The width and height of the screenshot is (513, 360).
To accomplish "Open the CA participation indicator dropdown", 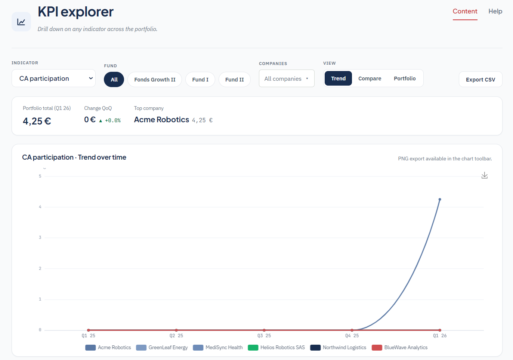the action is click(x=53, y=79).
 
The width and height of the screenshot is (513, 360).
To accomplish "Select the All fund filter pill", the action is click(x=114, y=80).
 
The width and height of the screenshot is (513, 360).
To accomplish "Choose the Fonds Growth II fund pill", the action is click(x=155, y=80).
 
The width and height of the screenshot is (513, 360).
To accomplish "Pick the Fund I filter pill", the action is click(x=200, y=80).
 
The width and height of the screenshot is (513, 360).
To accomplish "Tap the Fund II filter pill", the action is click(x=235, y=80).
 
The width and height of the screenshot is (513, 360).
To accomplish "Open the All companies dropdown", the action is click(x=287, y=79).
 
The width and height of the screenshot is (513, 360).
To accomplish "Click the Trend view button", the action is click(x=338, y=79).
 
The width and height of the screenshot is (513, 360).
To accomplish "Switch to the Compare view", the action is click(x=370, y=79).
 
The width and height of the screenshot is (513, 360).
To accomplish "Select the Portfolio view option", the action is click(x=405, y=79).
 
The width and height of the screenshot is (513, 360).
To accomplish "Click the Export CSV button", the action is click(x=480, y=80).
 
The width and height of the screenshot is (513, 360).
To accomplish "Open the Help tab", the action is click(x=495, y=11).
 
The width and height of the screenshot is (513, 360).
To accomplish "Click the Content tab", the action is click(x=465, y=11).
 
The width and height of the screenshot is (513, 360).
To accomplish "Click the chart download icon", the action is click(x=484, y=175).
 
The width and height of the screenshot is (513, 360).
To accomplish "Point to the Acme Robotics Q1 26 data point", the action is click(x=440, y=199).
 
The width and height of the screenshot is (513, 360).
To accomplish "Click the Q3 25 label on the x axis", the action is click(x=264, y=336).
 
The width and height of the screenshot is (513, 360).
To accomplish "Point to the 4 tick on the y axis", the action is click(x=40, y=207).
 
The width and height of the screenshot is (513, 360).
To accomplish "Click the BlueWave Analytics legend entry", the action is click(x=400, y=347).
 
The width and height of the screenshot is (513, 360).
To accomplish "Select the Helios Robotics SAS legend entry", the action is click(x=276, y=347).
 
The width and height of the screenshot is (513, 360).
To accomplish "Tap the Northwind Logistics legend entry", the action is click(x=338, y=347).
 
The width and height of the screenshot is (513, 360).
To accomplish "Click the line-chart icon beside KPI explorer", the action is click(x=21, y=22).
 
